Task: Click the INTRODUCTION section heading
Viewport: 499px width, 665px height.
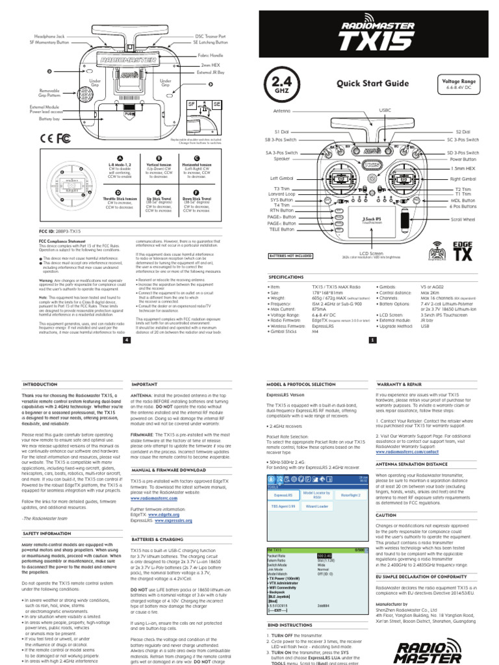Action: click(x=40, y=384)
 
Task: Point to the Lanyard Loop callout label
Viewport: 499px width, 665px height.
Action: click(x=283, y=194)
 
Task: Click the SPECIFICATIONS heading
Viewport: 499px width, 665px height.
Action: click(x=287, y=276)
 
